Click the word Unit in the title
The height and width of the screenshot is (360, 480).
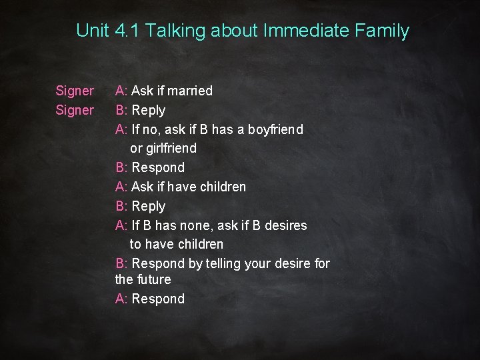91,31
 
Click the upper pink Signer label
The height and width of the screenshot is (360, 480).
75,91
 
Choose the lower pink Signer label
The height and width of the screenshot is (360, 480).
75,110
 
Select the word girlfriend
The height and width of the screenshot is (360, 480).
172,148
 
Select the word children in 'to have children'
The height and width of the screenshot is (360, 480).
198,244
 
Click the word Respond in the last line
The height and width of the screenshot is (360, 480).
158,299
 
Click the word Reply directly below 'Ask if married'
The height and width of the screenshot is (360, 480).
149,110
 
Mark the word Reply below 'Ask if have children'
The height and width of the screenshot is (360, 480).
149,206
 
